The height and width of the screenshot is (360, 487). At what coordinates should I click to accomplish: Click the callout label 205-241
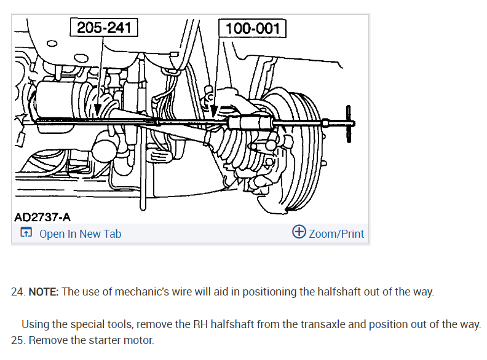point(104,28)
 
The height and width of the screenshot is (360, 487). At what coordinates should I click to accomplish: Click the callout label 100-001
point(253,28)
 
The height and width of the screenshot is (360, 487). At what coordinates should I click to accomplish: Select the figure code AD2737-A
point(42,217)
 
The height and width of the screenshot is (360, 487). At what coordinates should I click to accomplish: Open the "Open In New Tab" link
point(80,233)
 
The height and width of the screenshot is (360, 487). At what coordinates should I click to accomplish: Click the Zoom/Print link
point(336,233)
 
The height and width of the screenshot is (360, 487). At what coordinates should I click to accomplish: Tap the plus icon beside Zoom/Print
point(299,232)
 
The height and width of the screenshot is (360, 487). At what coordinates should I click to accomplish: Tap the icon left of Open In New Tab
point(26,233)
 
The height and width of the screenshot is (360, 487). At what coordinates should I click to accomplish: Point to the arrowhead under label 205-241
point(97,112)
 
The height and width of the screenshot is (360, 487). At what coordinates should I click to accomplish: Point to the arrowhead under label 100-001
point(213,112)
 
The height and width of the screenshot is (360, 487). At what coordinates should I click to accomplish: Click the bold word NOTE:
point(43,292)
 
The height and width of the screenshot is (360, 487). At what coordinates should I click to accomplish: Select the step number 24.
point(17,292)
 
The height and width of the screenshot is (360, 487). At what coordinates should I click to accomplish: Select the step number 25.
point(17,340)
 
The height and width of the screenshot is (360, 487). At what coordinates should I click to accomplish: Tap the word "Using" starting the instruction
point(34,324)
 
